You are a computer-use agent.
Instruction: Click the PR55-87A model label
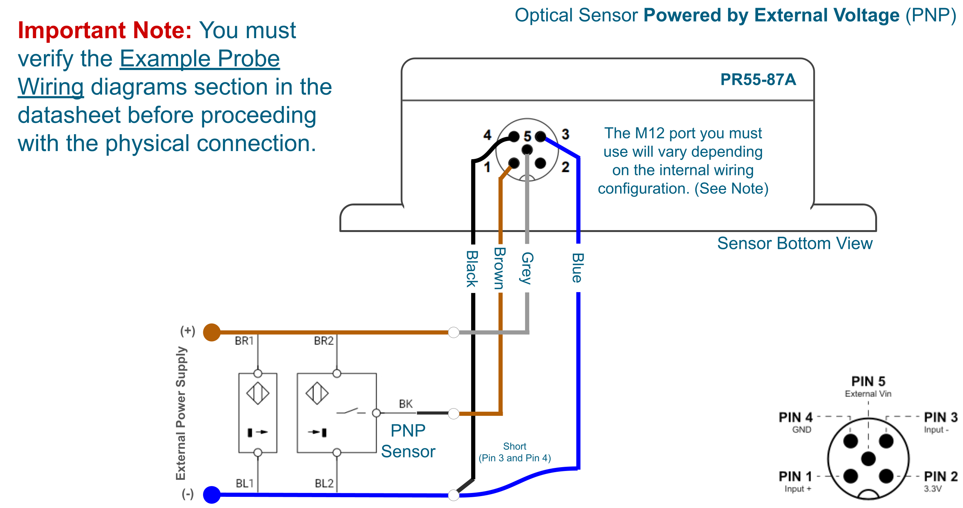click(x=758, y=80)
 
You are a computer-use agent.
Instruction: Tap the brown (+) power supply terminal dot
click(x=211, y=332)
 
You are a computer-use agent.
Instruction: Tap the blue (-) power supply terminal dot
click(x=211, y=495)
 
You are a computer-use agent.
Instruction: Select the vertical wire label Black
click(x=472, y=269)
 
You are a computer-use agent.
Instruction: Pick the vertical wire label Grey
click(x=527, y=268)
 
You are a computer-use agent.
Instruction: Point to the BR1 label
click(x=244, y=341)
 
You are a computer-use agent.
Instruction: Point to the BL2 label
click(x=324, y=483)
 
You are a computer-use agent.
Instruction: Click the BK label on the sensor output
click(x=406, y=404)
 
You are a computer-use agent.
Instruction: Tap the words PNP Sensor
click(x=408, y=441)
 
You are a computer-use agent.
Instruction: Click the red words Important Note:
click(x=105, y=30)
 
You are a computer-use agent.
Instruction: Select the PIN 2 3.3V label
click(x=940, y=481)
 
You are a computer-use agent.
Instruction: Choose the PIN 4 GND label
click(x=796, y=422)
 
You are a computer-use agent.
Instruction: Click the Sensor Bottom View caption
click(x=794, y=244)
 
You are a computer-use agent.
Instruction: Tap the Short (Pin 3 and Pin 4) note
click(x=515, y=452)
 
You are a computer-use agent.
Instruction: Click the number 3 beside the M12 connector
click(x=565, y=134)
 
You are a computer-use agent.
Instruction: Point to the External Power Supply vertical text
click(x=181, y=413)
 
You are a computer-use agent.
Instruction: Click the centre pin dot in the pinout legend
click(x=868, y=459)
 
